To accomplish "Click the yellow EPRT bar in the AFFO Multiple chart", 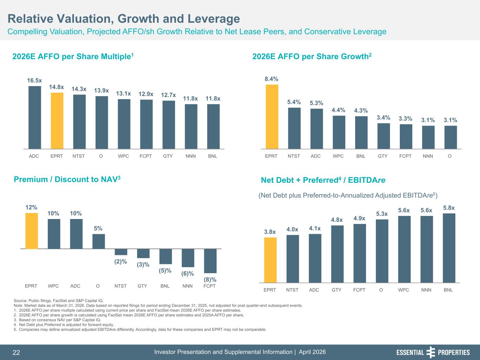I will coord(57,121).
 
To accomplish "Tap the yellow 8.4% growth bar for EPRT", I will coord(272,117).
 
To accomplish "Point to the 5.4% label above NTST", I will coord(294,102).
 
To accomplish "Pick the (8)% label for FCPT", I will coord(210,279).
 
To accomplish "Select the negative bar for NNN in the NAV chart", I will coord(188,258).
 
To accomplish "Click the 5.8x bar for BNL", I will coord(449,248).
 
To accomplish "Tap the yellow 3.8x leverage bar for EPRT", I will coord(270,260).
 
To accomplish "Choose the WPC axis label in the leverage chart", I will coord(403,290).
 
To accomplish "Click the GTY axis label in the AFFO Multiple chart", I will coord(168,156).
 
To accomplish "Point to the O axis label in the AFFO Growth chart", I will coord(450,156).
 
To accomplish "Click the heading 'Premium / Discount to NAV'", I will coord(67,180).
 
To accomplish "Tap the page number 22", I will coord(16,353).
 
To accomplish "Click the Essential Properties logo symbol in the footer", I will coord(431,352).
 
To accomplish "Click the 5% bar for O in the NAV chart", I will coord(98,241).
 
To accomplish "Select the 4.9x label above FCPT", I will coord(359,218).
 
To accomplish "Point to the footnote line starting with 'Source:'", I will coord(58,301).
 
